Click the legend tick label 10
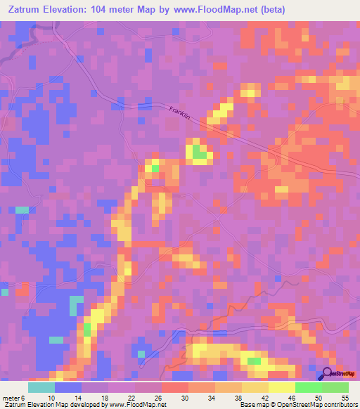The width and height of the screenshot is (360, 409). coord(51,398)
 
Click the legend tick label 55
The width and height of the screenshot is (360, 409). coord(345,398)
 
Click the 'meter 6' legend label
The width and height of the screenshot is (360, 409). coord(14,398)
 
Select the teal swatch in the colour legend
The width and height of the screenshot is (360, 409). coord(41,387)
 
